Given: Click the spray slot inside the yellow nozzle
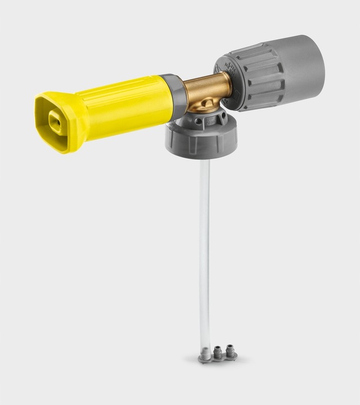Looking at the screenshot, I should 56,120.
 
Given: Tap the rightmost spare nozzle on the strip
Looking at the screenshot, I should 229,350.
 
